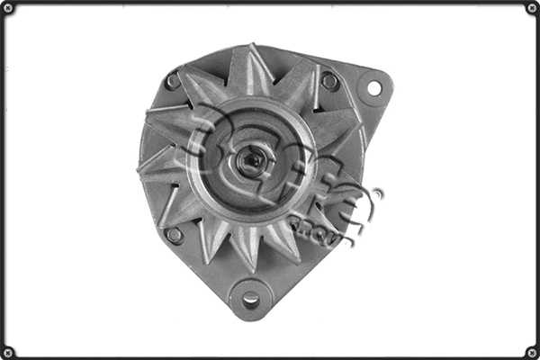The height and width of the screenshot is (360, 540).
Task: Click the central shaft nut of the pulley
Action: (251, 162)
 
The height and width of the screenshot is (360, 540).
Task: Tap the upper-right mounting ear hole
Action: (373, 87)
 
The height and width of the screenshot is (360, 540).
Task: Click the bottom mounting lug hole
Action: (251, 298)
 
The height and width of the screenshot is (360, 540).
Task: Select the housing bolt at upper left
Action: (173, 81)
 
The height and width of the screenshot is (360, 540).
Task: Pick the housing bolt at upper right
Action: (329, 81)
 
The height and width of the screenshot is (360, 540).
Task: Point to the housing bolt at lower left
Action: (175, 236)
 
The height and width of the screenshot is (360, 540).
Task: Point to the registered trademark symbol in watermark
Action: (376, 193)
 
